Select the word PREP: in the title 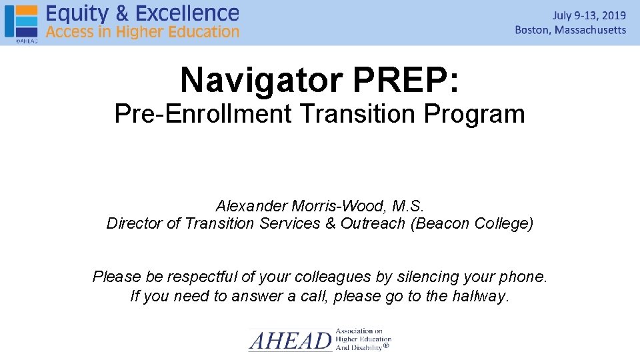point(406,80)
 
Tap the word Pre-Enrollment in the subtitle point(203,114)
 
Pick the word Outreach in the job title point(373,223)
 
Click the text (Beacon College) point(472,223)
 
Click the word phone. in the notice point(525,276)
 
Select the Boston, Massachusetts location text point(571,30)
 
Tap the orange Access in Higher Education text point(142,31)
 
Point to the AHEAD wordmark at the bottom point(291,341)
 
